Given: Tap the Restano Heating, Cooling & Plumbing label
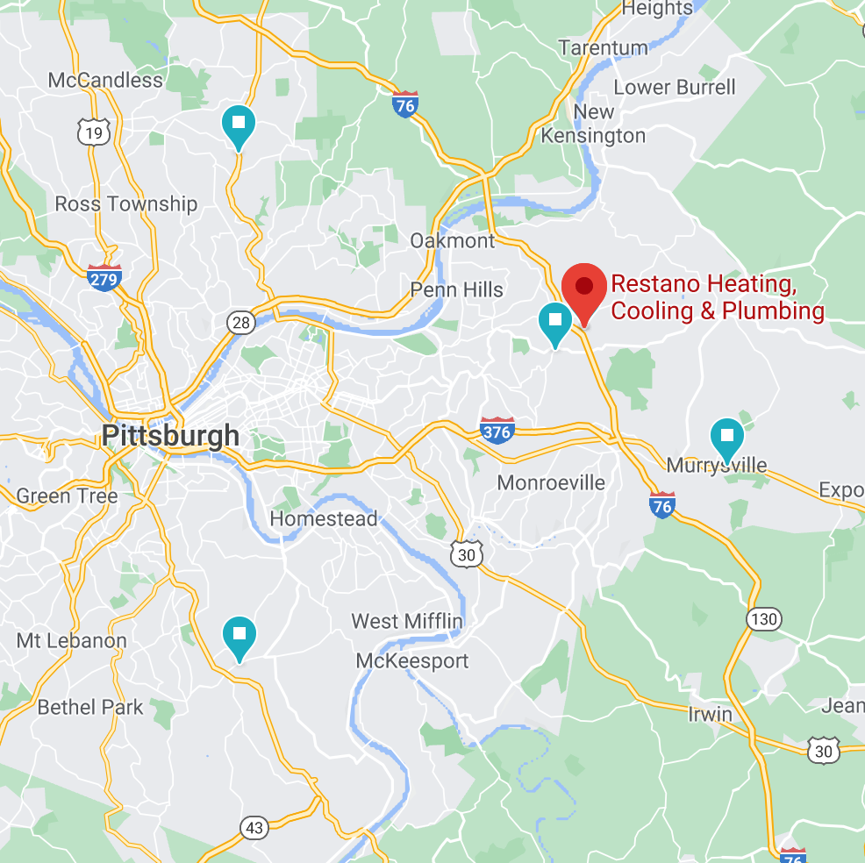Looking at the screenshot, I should click(717, 297).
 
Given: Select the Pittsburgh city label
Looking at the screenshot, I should click(170, 435).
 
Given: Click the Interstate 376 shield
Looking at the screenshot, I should click(497, 430).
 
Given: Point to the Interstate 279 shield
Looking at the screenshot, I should click(104, 277).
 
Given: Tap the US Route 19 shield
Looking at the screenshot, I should click(92, 132).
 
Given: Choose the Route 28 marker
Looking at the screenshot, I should click(241, 322).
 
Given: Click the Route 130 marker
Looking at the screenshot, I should click(764, 619).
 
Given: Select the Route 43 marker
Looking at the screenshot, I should click(254, 827).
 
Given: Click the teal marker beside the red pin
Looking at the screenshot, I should click(554, 321).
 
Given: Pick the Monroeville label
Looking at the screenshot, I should click(551, 482).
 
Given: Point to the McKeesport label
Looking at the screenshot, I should click(412, 660).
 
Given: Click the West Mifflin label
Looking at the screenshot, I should click(407, 621).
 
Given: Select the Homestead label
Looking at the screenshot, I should click(324, 518).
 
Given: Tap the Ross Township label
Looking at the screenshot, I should click(126, 203).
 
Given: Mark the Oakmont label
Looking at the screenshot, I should click(453, 240).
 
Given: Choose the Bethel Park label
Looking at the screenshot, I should click(90, 707).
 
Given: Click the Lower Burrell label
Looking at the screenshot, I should click(675, 87).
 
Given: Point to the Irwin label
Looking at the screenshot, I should click(710, 713).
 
